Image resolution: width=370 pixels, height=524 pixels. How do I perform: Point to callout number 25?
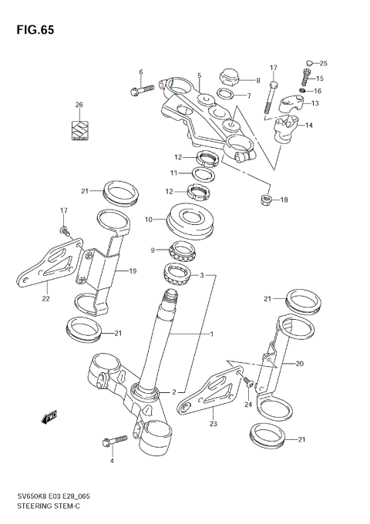tap(323, 62)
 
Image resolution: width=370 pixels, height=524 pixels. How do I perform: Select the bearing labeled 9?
tap(183, 249)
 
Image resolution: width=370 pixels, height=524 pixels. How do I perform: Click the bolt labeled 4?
tap(114, 442)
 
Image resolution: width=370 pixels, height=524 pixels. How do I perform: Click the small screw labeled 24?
tap(248, 381)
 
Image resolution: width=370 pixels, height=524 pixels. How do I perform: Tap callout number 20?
tap(300, 364)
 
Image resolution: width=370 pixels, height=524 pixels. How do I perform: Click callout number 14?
tap(309, 125)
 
